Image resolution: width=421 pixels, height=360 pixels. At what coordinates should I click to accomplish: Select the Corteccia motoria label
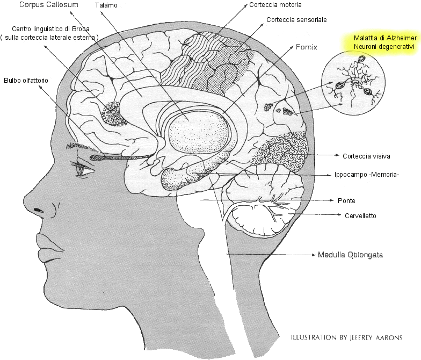[275, 5]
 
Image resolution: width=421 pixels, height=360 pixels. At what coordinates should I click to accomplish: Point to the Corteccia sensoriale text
[296, 20]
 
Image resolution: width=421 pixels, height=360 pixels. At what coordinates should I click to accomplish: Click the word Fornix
[307, 47]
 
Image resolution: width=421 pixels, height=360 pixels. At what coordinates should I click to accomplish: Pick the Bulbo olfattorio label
[26, 80]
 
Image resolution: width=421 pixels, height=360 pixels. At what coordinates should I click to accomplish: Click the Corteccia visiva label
[366, 156]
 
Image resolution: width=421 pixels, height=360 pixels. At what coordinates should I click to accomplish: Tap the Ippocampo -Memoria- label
[366, 175]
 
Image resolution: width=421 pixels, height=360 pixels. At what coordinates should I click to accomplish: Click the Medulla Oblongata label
[350, 255]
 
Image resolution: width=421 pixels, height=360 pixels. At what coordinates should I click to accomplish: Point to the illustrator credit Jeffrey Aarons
[347, 337]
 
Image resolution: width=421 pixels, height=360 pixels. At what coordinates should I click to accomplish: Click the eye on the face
[84, 171]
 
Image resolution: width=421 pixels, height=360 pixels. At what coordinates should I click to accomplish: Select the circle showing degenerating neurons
[351, 83]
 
